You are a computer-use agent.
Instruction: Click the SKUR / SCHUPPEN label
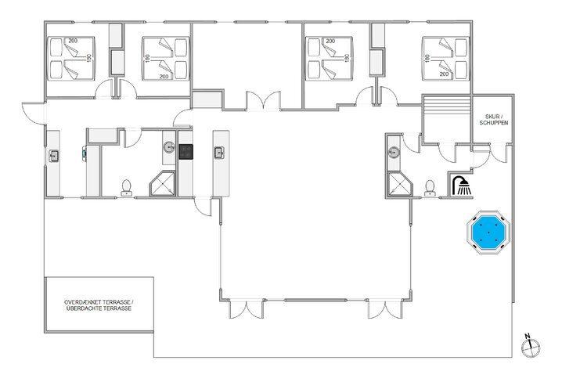pyautogui.click(x=495, y=121)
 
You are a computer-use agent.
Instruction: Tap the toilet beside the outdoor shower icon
pyautogui.click(x=430, y=186)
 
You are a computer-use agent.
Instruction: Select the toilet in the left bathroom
pyautogui.click(x=127, y=186)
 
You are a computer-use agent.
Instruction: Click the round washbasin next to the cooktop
pyautogui.click(x=170, y=146)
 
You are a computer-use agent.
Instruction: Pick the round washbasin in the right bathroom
pyautogui.click(x=394, y=151)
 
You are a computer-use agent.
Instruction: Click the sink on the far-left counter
pyautogui.click(x=54, y=156)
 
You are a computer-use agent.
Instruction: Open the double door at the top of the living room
pyautogui.click(x=263, y=102)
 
